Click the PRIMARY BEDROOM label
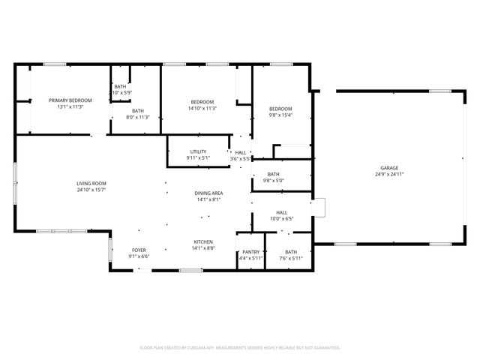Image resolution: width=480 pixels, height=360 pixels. [x=70, y=100]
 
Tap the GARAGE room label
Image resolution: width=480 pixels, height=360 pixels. [x=388, y=168]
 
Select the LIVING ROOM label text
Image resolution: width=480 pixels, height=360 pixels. [x=91, y=184]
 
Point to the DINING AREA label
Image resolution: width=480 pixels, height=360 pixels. [x=209, y=193]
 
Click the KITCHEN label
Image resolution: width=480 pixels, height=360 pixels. [x=204, y=241]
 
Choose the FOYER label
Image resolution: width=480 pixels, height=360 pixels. [x=139, y=250]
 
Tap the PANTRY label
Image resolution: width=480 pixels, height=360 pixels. [x=251, y=252]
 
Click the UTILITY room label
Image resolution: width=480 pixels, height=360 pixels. [x=198, y=152]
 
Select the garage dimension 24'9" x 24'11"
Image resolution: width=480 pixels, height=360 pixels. [x=388, y=174]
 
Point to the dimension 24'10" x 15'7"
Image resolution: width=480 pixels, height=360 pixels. [x=91, y=190]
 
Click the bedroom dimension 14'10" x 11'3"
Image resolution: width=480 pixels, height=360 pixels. [x=202, y=108]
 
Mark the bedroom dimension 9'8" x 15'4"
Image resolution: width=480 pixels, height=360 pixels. [x=280, y=115]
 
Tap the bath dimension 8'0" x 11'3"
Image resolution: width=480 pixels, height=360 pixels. [x=138, y=116]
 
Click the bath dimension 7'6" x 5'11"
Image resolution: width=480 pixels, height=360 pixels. [x=290, y=258]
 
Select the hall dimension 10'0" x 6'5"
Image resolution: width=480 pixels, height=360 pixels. [x=281, y=219]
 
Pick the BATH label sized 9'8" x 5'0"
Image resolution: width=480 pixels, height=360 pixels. [x=274, y=174]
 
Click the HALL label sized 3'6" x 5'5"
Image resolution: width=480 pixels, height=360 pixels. [x=241, y=152]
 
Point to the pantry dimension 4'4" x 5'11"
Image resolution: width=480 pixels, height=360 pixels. [x=251, y=258]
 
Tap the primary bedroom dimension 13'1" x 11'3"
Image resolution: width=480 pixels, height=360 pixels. [x=70, y=106]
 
